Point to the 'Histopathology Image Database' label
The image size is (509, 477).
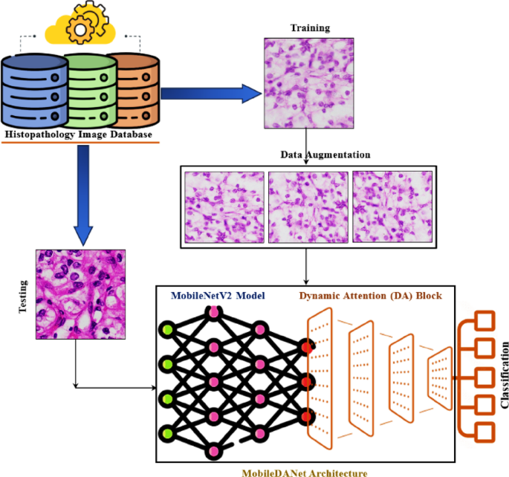(79, 134)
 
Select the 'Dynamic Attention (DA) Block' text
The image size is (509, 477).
(371, 296)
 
